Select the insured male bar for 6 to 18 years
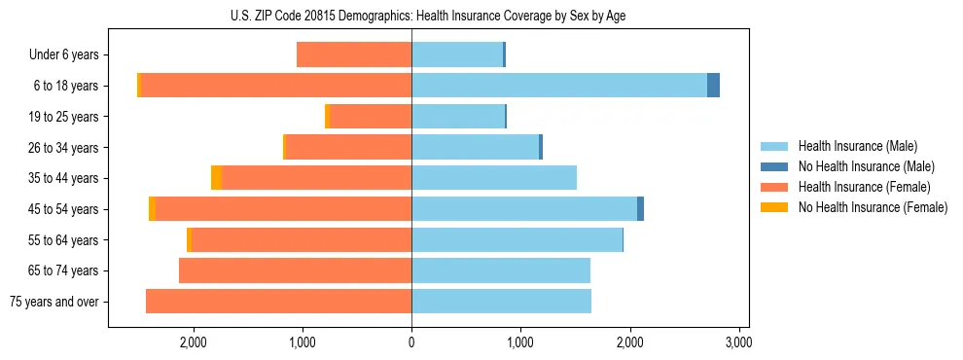(x=559, y=86)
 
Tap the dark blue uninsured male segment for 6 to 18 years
(x=713, y=86)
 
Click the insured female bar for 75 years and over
(x=278, y=302)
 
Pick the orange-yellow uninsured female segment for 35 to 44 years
(x=217, y=178)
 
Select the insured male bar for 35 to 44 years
(x=494, y=178)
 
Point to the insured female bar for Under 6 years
(x=354, y=54)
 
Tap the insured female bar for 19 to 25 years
(x=371, y=117)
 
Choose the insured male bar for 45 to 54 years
(x=524, y=209)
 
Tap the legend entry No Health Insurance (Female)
(x=872, y=207)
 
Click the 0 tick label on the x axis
(x=411, y=342)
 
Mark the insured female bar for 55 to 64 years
(x=302, y=240)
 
